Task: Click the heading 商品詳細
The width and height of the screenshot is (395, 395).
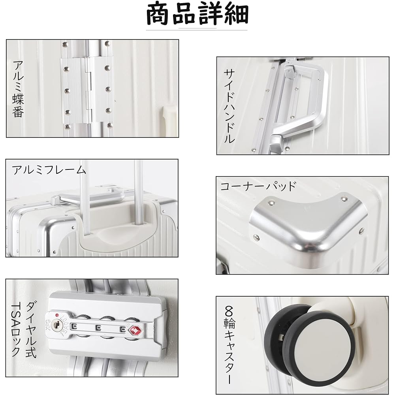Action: [197, 15]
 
